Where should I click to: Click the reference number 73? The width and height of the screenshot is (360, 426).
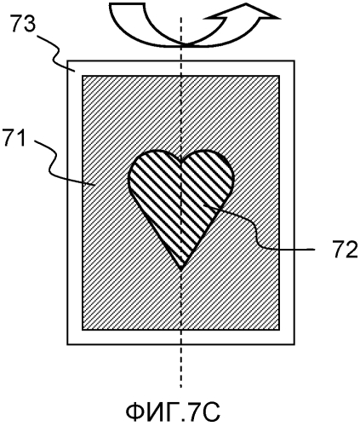tap(25, 25)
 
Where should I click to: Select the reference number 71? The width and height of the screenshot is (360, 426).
tap(17, 139)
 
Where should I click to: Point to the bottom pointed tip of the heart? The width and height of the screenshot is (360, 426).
tap(181, 269)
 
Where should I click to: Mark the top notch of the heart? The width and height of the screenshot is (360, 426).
tap(181, 159)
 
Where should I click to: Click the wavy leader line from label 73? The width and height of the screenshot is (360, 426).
tap(56, 53)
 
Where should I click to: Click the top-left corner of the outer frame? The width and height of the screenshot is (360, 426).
tap(67, 60)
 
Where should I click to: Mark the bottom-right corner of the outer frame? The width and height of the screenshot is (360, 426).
tap(294, 344)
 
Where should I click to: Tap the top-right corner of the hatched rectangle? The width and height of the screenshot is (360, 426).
tap(279, 76)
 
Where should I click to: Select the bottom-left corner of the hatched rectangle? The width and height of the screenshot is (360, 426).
tap(83, 330)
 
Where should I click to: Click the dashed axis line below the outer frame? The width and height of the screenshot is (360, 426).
tap(181, 366)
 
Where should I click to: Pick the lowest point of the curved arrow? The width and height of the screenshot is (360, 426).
tap(185, 45)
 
